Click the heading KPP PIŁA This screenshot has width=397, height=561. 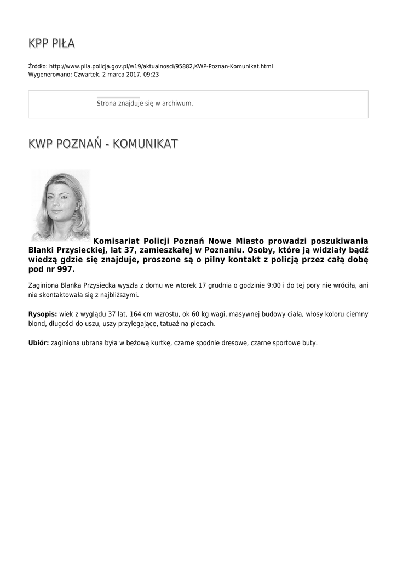tap(51, 44)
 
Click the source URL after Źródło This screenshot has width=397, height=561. tap(161, 66)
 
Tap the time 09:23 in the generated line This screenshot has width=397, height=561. tap(151, 74)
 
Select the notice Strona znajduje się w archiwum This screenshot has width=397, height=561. tap(145, 103)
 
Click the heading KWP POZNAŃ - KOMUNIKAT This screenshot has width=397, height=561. tap(103, 144)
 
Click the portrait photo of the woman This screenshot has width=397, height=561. tap(60, 205)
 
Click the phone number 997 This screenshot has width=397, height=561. tap(64, 270)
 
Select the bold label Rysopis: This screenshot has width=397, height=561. tap(42, 314)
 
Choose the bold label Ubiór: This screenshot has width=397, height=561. tap(38, 343)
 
